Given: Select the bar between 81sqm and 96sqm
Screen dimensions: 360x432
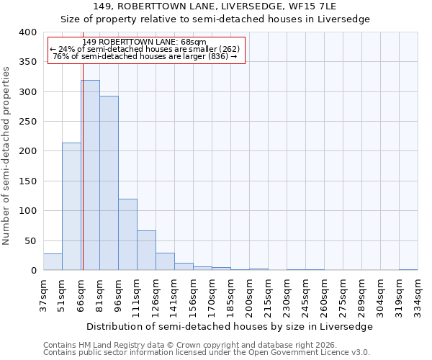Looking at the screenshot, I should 109,183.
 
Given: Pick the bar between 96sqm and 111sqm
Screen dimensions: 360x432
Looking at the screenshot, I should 127,235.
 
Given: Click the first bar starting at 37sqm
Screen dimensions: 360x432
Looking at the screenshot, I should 53,262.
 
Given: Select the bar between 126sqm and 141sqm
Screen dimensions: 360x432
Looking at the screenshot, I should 165,261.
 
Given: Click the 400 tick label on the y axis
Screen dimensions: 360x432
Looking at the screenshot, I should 27,32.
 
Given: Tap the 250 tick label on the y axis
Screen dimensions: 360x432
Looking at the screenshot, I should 27,122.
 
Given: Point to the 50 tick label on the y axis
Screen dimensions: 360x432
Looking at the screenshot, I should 30,240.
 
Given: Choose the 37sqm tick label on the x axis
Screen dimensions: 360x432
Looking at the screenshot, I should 43,295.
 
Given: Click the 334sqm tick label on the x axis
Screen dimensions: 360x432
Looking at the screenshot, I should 418,295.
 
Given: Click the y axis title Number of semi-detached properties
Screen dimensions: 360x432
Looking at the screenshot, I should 6,155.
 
